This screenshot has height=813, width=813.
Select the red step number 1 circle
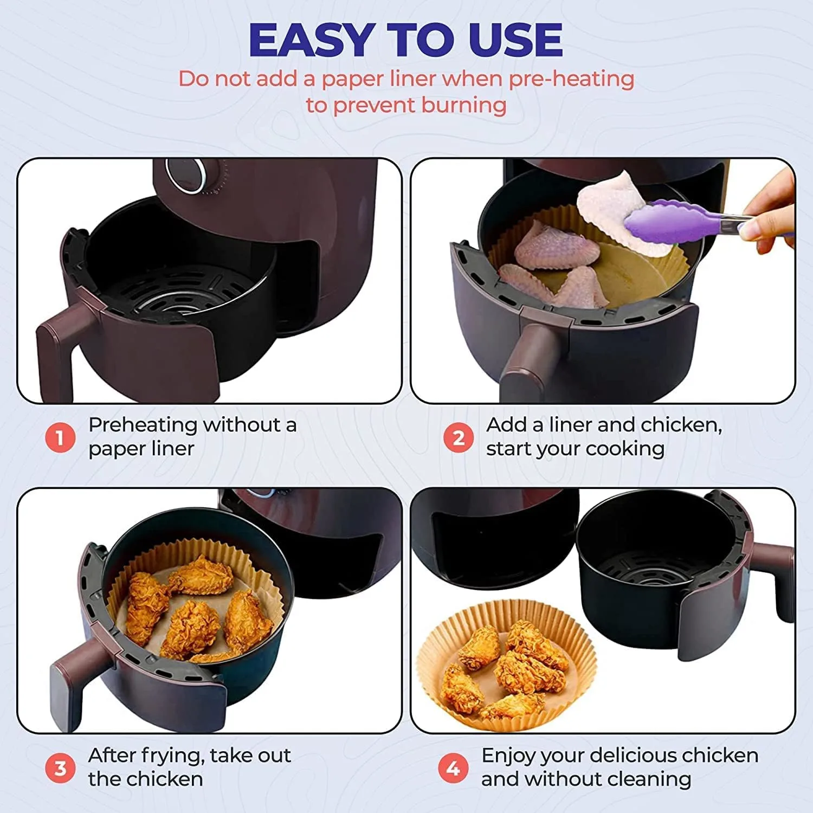tap(60, 437)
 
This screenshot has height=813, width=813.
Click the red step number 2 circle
tap(459, 437)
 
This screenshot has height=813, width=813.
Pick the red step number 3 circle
tap(60, 768)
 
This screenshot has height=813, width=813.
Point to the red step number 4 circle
tap(453, 768)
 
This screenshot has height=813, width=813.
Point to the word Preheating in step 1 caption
tap(142, 425)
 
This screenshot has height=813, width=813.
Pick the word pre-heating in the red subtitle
tap(571, 79)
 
